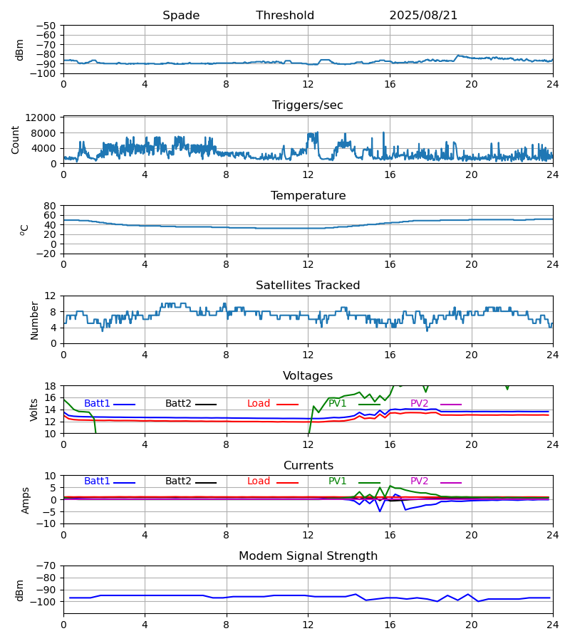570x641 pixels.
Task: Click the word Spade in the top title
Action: point(181,16)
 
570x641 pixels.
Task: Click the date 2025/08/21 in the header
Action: point(423,16)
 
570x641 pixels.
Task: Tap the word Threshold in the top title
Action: point(285,16)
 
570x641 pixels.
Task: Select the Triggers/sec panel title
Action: point(308,105)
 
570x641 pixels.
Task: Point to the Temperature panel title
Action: point(308,196)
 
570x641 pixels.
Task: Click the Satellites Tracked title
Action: point(308,286)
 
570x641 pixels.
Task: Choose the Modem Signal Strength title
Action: point(308,556)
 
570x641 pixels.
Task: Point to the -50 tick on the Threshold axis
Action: point(46,26)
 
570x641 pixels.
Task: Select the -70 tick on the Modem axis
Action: point(46,566)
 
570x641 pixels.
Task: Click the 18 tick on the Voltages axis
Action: point(50,386)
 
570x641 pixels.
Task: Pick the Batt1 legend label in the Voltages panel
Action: point(97,404)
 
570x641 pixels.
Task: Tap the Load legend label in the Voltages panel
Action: point(259,404)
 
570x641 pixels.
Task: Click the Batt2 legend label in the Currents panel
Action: point(178,481)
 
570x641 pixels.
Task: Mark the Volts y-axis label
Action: point(35,410)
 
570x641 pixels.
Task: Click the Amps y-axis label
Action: point(26,500)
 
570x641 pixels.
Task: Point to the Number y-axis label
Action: point(35,320)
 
